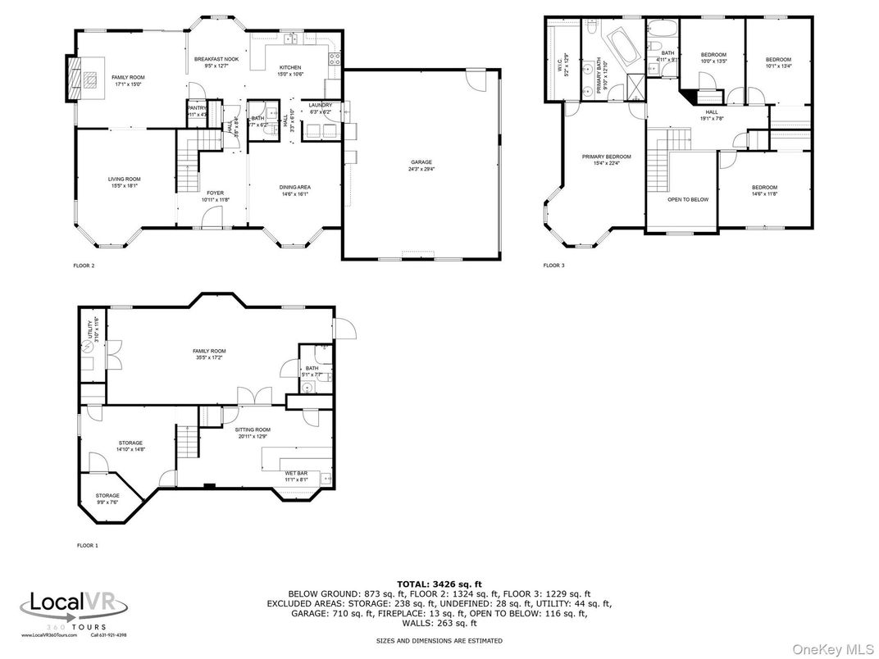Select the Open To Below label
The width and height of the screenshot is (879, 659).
click(x=688, y=199)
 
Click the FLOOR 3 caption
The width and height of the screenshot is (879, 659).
click(x=553, y=266)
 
